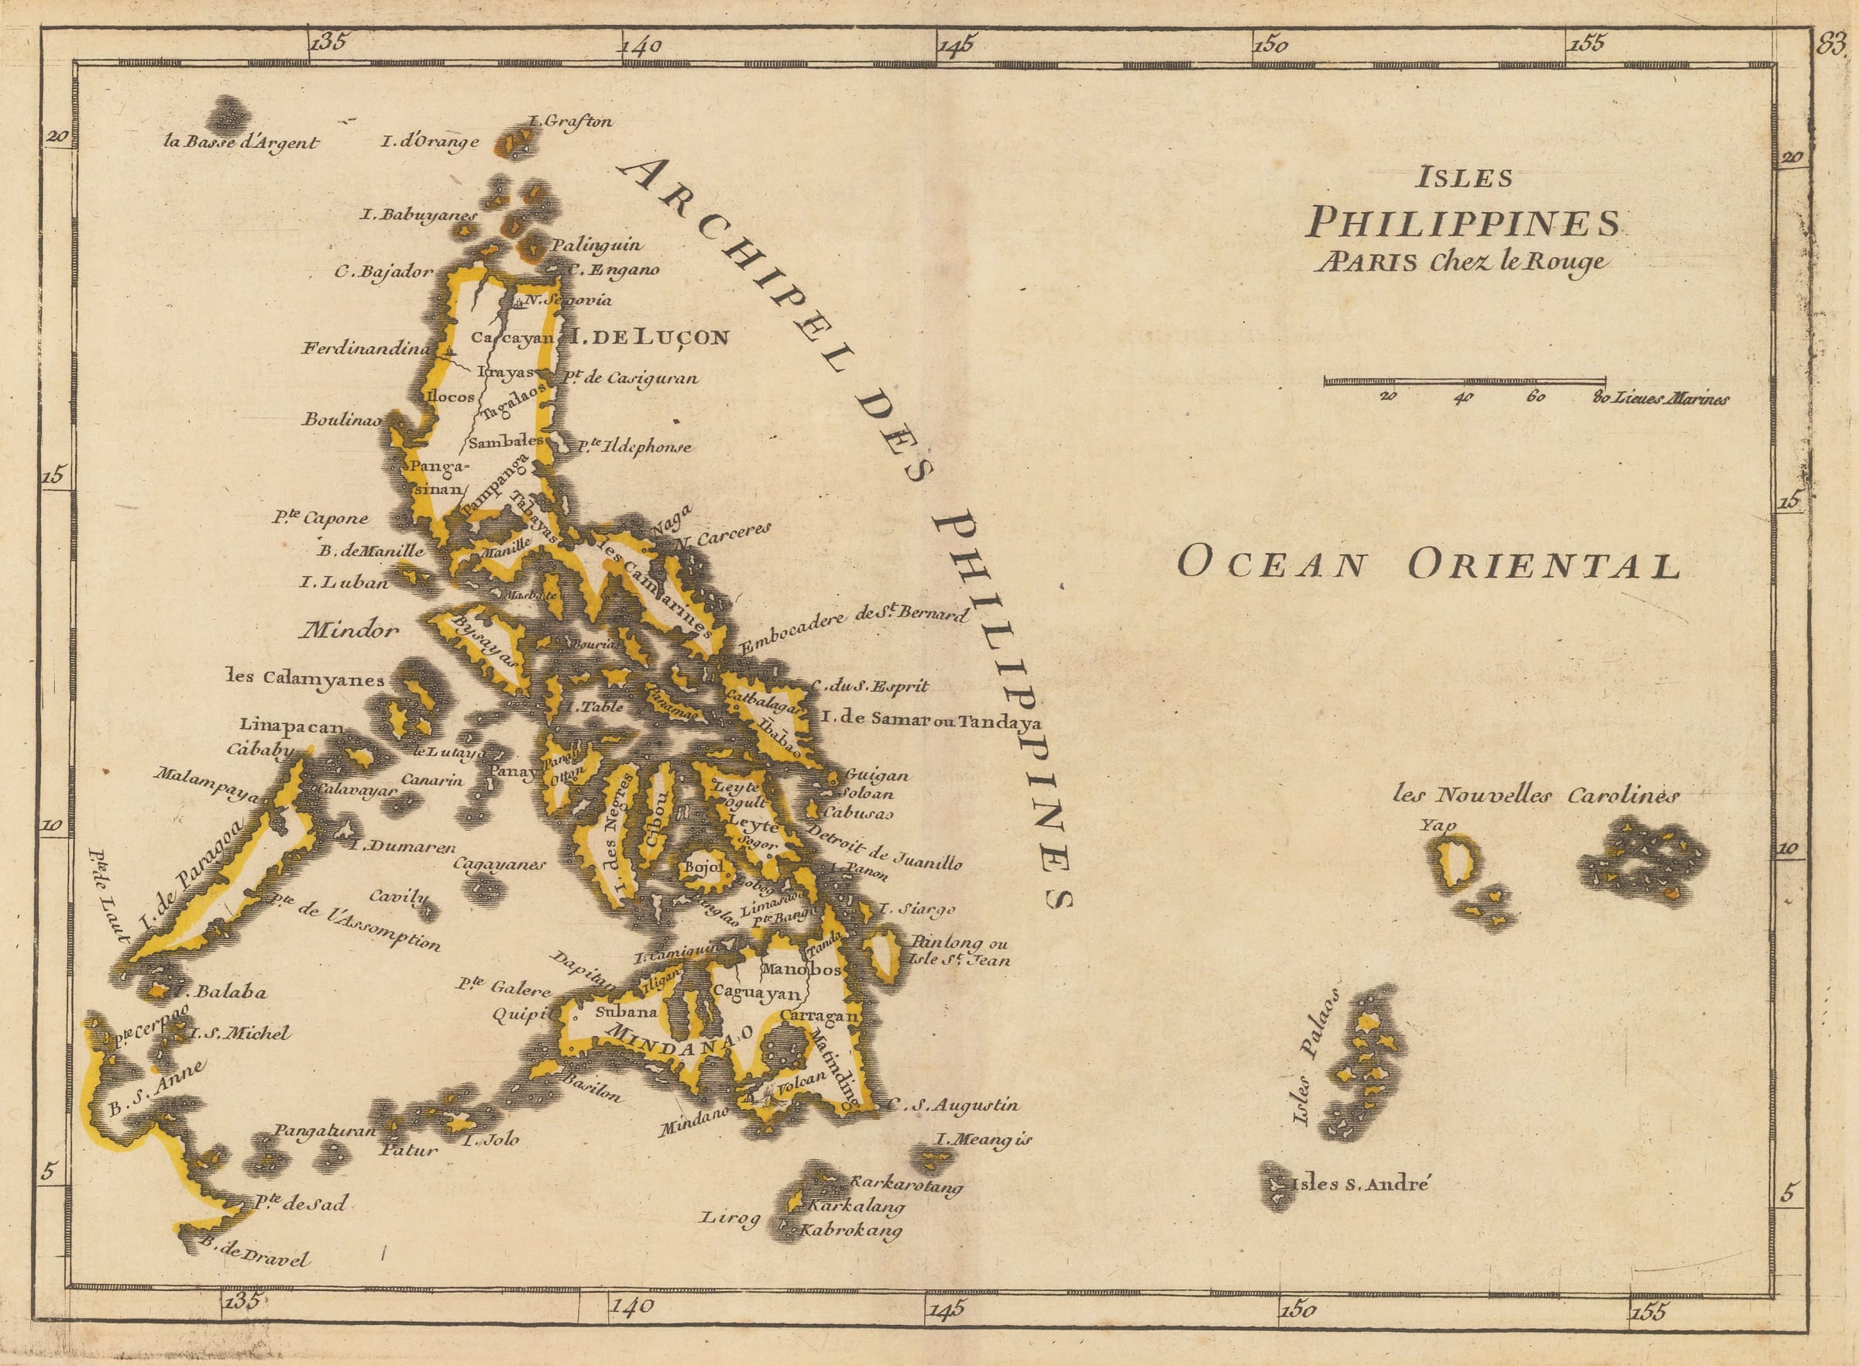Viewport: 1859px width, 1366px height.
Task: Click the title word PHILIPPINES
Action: coord(1463,222)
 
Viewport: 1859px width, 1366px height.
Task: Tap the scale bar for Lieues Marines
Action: coord(1465,381)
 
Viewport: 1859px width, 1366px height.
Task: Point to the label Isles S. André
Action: coord(1360,1184)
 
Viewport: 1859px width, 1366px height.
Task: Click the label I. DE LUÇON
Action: coord(650,337)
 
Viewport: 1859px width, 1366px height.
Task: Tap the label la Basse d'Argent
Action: coord(242,142)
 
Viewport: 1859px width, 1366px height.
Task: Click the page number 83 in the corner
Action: coord(1831,44)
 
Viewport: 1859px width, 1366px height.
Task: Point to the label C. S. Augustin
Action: coord(954,1105)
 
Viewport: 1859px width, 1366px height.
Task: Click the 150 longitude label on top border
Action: coord(1270,45)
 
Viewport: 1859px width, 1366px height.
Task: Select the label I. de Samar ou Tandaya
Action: coord(930,720)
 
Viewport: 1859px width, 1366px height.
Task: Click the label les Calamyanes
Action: coord(305,678)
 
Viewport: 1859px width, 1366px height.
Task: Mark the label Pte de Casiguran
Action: coord(631,379)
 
